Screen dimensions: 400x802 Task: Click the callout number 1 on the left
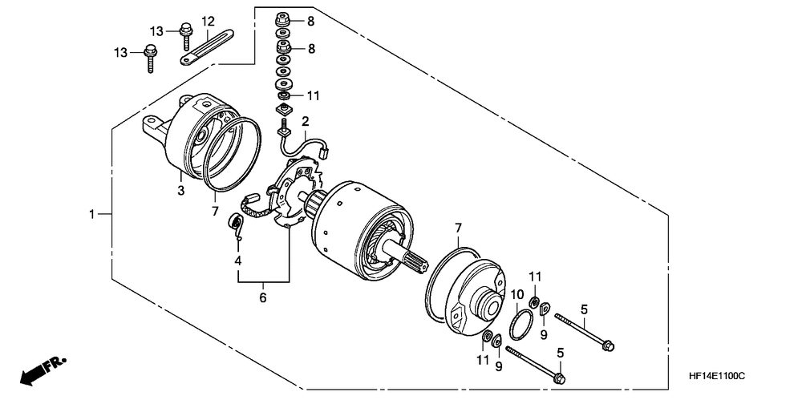click(x=93, y=214)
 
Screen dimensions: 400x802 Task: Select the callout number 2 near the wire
click(x=305, y=121)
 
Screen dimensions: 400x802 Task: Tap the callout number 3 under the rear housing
click(x=181, y=190)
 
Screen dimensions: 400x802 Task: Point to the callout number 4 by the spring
click(x=237, y=261)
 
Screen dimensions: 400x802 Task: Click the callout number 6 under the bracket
click(x=263, y=298)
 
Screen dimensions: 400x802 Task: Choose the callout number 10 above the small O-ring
click(x=517, y=296)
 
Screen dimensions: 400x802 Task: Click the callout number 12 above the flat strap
click(x=208, y=21)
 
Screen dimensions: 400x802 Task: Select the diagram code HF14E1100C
click(x=716, y=375)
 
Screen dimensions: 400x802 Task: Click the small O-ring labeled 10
click(x=522, y=325)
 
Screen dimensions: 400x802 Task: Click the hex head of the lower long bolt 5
click(x=560, y=376)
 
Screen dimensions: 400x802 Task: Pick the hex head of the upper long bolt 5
click(x=607, y=345)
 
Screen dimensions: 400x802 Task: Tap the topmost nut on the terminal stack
click(x=282, y=18)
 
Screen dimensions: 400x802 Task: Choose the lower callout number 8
click(x=310, y=49)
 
